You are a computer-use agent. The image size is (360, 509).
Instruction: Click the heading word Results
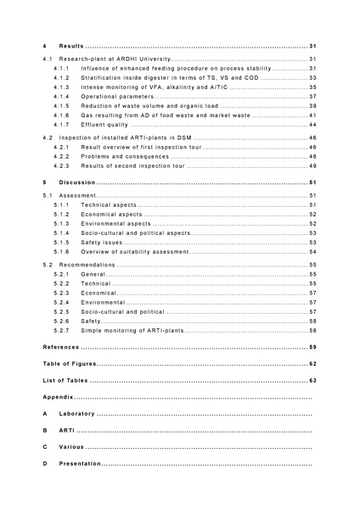[x=70, y=45]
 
